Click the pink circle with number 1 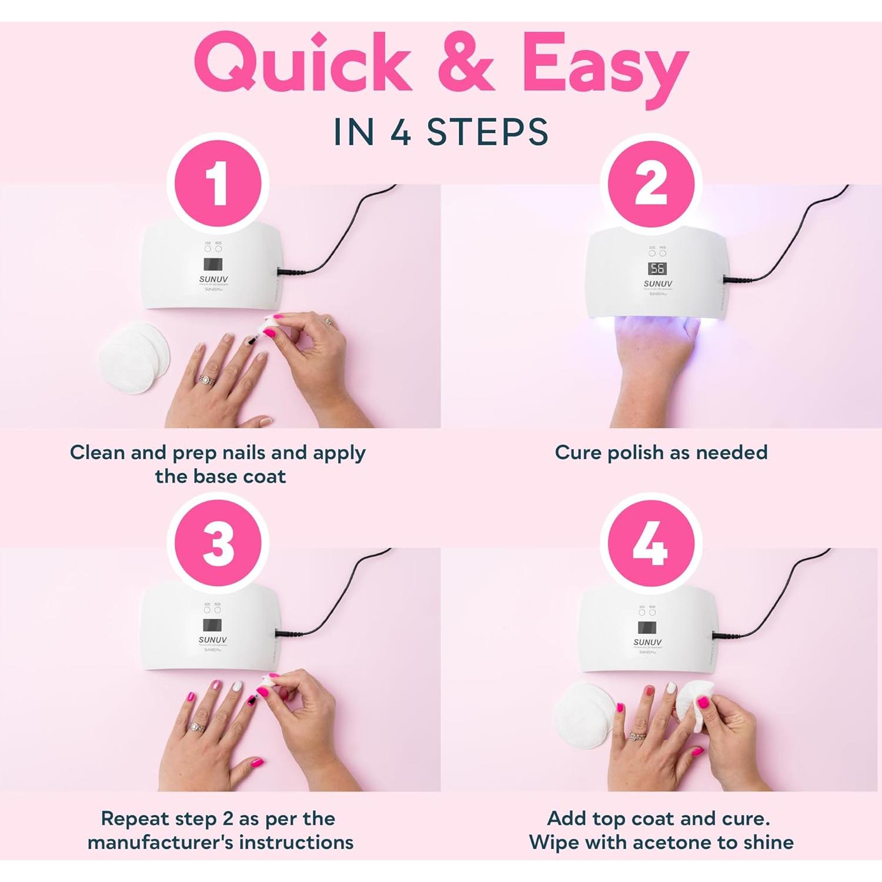pos(218,184)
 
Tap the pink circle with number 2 pos(651,184)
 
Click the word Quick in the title pos(302,65)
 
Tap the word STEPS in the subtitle pos(487,132)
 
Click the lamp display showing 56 pos(657,269)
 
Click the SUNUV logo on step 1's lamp pos(213,279)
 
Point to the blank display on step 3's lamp pos(212,625)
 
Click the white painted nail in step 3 pos(237,686)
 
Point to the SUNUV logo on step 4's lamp pos(647,642)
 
